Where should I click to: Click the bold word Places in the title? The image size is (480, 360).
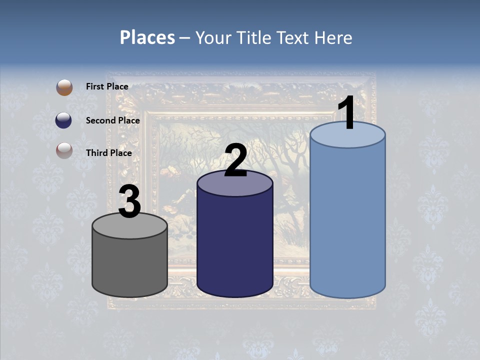[147, 37]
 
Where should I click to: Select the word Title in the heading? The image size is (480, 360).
[254, 37]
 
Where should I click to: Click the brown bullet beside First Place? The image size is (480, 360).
[64, 87]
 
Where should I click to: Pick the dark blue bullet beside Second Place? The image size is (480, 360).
[64, 120]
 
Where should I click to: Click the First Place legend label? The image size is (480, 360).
[107, 86]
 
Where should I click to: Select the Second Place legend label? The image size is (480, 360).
[112, 120]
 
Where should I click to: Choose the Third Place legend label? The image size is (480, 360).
[109, 153]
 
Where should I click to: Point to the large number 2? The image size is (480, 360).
[235, 160]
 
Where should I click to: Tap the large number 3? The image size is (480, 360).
[129, 202]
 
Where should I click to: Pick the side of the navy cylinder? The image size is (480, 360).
[235, 245]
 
